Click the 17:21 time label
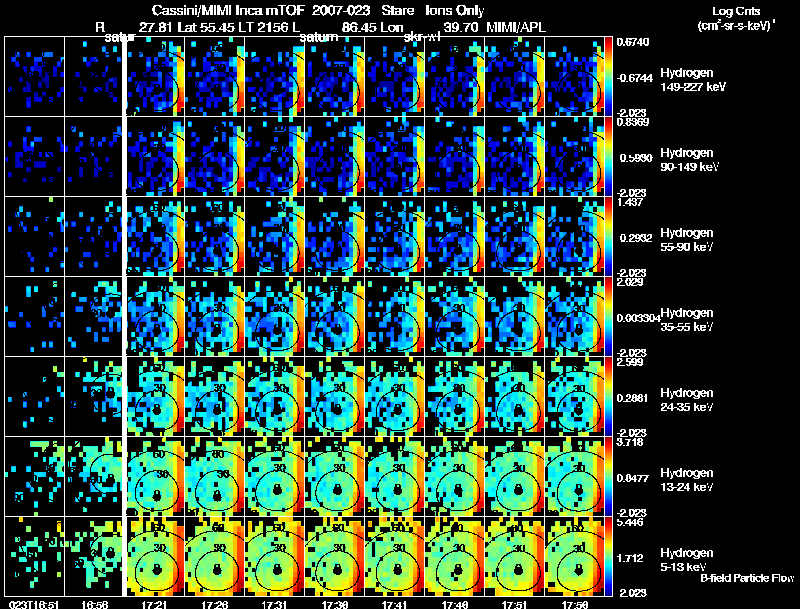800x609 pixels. pyautogui.click(x=154, y=603)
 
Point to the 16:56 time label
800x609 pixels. pyautogui.click(x=92, y=603)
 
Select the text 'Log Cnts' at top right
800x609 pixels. pyautogui.click(x=733, y=10)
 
